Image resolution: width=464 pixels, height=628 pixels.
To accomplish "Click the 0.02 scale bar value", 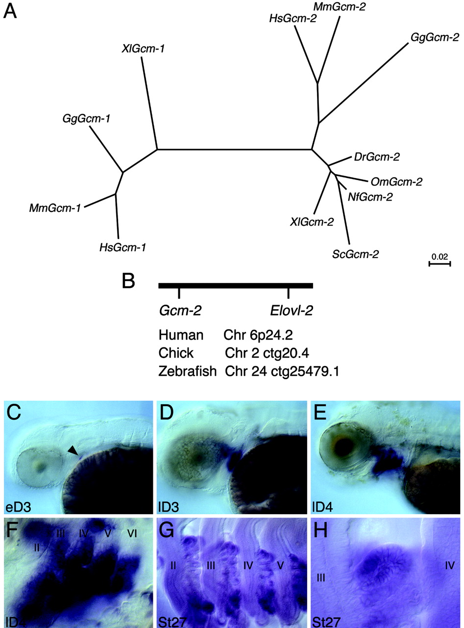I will [x=440, y=256].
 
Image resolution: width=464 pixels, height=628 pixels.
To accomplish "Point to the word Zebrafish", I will [x=188, y=371].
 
